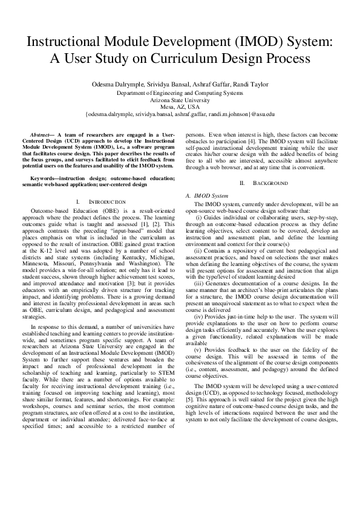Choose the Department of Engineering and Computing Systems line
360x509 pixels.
click(180, 93)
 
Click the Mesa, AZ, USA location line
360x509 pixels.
click(180, 106)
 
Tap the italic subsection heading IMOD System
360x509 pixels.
click(210, 196)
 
